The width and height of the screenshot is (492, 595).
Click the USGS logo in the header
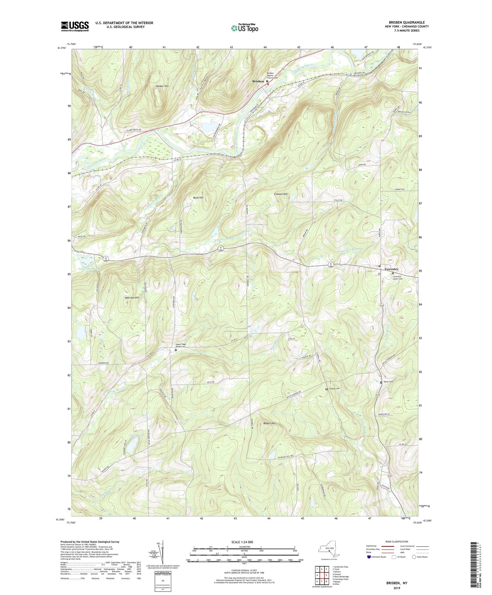(x=75, y=26)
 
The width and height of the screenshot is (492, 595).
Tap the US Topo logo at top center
(x=244, y=28)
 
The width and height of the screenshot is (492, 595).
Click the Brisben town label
(x=258, y=81)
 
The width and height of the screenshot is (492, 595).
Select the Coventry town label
(x=392, y=269)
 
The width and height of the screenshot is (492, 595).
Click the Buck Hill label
(x=198, y=198)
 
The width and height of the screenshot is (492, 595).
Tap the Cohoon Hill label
(x=281, y=194)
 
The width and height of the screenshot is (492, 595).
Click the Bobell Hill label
(x=269, y=423)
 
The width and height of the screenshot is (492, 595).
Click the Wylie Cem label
(x=388, y=382)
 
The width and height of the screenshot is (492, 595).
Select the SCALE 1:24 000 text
(x=244, y=542)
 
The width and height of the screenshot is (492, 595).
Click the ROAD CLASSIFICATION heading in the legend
(x=397, y=541)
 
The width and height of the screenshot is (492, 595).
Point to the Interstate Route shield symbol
(x=369, y=557)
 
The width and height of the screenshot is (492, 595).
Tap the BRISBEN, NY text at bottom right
(x=397, y=583)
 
